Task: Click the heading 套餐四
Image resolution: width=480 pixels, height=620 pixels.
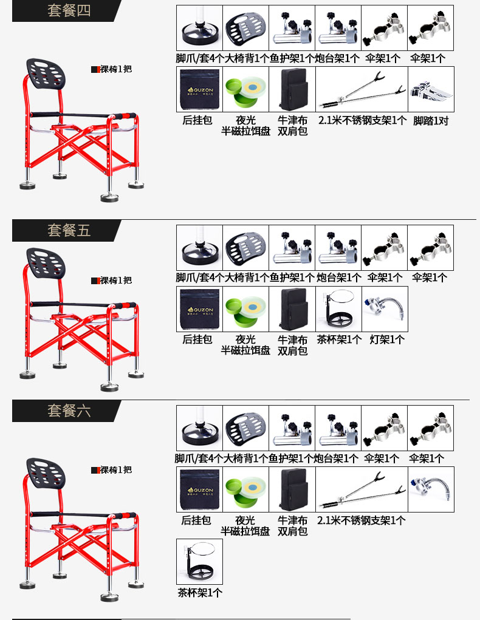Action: [69, 10]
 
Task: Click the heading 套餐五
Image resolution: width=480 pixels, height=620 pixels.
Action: [69, 230]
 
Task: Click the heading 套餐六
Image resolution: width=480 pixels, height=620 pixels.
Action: [69, 410]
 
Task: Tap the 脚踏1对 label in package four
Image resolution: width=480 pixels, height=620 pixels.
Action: [431, 120]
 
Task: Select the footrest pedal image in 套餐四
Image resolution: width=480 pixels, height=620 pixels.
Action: [431, 89]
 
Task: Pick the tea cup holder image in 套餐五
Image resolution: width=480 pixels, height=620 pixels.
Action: [338, 309]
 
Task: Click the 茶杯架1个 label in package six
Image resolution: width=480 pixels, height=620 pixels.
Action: [200, 593]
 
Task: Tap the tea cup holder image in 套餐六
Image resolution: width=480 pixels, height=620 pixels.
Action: [199, 562]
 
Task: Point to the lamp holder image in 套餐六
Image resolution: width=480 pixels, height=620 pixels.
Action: [431, 489]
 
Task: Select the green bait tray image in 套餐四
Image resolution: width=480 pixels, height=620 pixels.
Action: [246, 89]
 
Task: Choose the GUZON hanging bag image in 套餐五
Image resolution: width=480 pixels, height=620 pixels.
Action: [199, 309]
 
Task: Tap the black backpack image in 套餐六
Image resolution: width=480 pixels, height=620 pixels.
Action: [292, 489]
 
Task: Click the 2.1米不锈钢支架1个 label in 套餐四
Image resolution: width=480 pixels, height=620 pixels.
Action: [362, 120]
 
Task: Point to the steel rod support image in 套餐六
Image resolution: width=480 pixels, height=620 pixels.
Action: [362, 489]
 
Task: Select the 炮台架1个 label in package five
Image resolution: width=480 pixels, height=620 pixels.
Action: [338, 278]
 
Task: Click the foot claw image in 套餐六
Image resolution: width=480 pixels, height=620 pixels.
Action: [199, 428]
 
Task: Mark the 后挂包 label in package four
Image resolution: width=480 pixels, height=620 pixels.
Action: [197, 120]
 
